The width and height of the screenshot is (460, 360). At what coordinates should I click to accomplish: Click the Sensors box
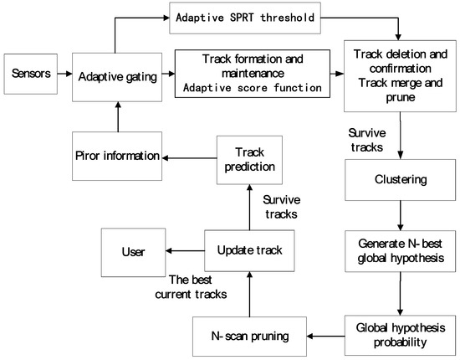click(32, 74)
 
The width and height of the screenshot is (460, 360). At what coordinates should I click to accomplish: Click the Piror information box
click(116, 156)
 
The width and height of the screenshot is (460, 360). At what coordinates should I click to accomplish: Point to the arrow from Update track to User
click(186, 251)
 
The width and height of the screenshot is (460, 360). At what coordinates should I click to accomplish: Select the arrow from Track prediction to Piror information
click(187, 156)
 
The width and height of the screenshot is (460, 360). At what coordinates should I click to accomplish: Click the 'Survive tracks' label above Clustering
click(365, 139)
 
